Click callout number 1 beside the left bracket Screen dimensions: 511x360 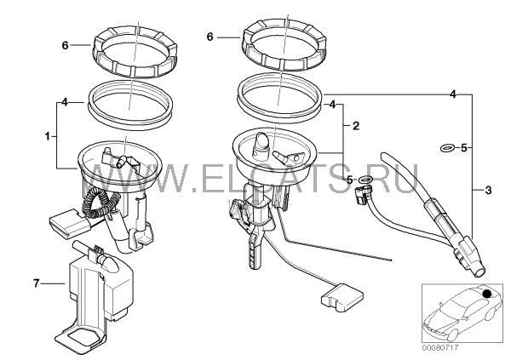click(x=48, y=136)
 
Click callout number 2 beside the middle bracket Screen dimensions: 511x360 click(x=356, y=126)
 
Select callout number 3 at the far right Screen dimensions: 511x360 click(x=488, y=190)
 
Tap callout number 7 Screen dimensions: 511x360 click(x=36, y=283)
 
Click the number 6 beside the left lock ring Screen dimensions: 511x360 click(x=66, y=45)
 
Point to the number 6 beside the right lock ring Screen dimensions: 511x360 click(x=210, y=37)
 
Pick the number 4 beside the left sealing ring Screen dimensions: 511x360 click(x=65, y=102)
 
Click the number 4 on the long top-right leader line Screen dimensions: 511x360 click(x=453, y=94)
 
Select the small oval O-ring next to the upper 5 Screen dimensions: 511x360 click(x=447, y=148)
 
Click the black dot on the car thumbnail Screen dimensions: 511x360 click(x=487, y=294)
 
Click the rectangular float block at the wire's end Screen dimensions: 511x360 click(x=342, y=296)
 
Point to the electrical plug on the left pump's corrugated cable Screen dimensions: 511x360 click(x=69, y=224)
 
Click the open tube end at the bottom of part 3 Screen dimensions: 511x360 click(x=478, y=271)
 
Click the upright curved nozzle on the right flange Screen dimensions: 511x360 click(x=262, y=142)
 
